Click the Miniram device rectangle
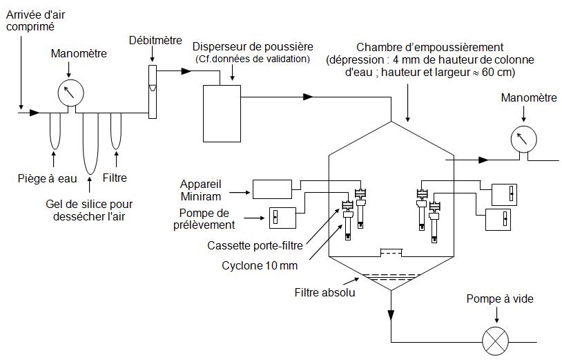[x=273, y=188]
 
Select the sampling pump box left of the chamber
[x=282, y=217]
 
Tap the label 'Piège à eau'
[x=47, y=179]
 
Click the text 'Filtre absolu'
[x=326, y=292]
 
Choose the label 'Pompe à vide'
[x=500, y=299]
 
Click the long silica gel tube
[x=90, y=142]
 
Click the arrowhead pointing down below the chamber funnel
[x=391, y=315]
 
